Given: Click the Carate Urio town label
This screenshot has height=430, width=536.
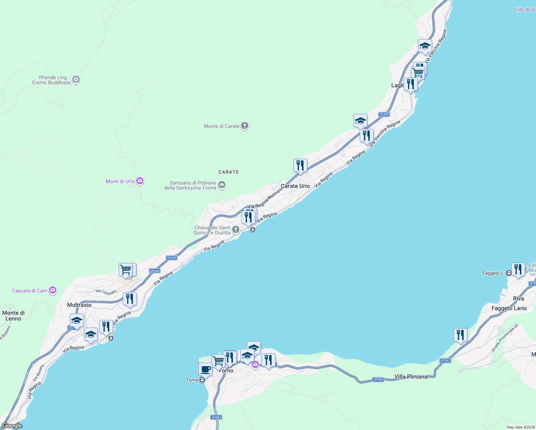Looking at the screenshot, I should [295, 186].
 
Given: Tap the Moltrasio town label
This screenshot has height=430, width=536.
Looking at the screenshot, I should [79, 305].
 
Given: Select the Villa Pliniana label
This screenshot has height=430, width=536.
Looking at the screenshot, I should [411, 377].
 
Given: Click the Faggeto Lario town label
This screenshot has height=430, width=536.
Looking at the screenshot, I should [509, 308].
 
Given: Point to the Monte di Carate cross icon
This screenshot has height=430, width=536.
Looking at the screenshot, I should [245, 126].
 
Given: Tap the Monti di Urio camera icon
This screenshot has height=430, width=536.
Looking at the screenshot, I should [140, 181].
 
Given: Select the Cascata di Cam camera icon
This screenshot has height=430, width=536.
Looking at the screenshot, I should [53, 290].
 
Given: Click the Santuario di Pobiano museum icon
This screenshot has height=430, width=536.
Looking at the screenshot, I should [222, 185].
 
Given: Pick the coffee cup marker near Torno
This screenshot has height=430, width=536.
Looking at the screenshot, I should [205, 369].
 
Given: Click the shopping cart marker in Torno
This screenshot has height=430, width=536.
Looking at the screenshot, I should [218, 361].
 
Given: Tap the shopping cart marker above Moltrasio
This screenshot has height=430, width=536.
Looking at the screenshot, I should [126, 270].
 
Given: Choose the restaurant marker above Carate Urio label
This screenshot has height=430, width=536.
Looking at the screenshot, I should [300, 166].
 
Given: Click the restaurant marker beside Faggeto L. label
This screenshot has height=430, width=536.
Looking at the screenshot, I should [518, 269].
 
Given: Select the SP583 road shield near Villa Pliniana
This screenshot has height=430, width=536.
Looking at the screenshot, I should [378, 379].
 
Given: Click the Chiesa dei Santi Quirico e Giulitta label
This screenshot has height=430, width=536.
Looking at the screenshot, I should [212, 230].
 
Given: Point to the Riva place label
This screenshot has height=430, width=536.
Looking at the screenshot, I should [518, 298].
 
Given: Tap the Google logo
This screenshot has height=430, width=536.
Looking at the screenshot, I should [12, 426].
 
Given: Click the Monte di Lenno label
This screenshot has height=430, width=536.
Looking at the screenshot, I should [13, 316].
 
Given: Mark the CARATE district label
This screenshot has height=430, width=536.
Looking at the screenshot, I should [229, 172].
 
